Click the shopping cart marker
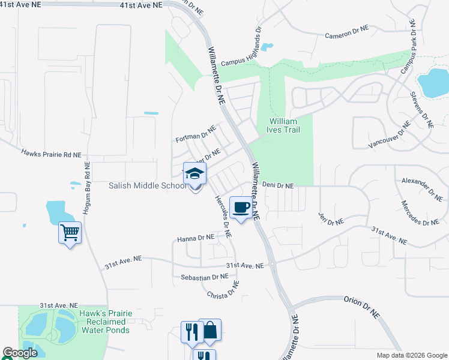(70, 232)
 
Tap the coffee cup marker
(241, 208)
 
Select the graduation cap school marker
(194, 175)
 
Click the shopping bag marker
(209, 331)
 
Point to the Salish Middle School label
(147, 186)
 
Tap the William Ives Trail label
(283, 125)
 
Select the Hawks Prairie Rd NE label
(50, 154)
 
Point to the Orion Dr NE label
(362, 305)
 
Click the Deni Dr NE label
(278, 186)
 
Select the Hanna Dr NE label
(196, 238)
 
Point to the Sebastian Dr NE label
(205, 277)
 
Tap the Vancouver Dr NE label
(390, 134)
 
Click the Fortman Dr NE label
(195, 134)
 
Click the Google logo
(20, 353)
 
